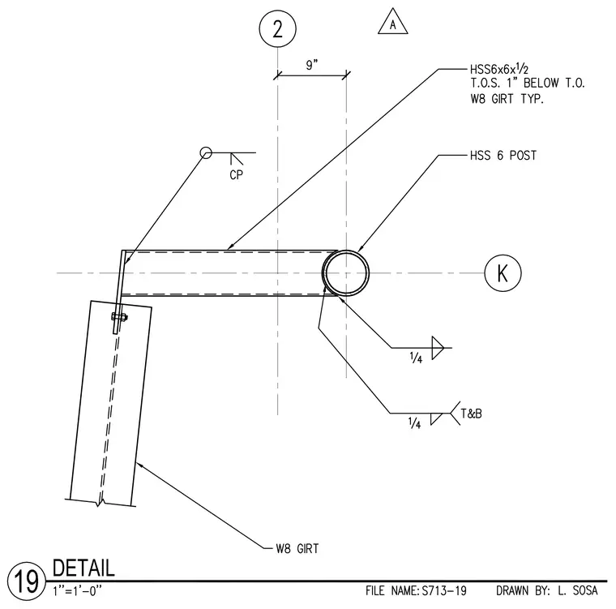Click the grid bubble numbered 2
(277, 28)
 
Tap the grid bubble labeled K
(503, 272)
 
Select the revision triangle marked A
(393, 22)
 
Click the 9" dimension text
(312, 65)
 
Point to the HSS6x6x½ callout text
(499, 70)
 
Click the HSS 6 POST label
(503, 156)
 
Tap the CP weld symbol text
(237, 174)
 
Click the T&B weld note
(472, 414)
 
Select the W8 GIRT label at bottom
(297, 548)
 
